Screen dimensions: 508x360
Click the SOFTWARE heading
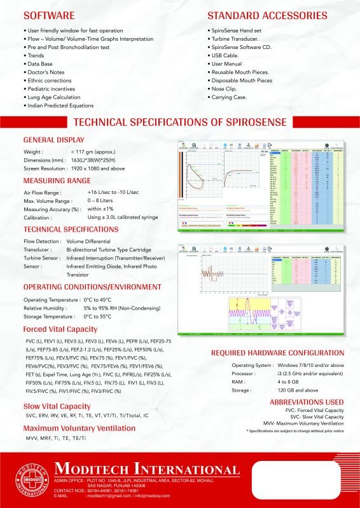pos(49,14)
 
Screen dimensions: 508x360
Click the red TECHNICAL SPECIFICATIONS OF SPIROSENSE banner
pos(181,122)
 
